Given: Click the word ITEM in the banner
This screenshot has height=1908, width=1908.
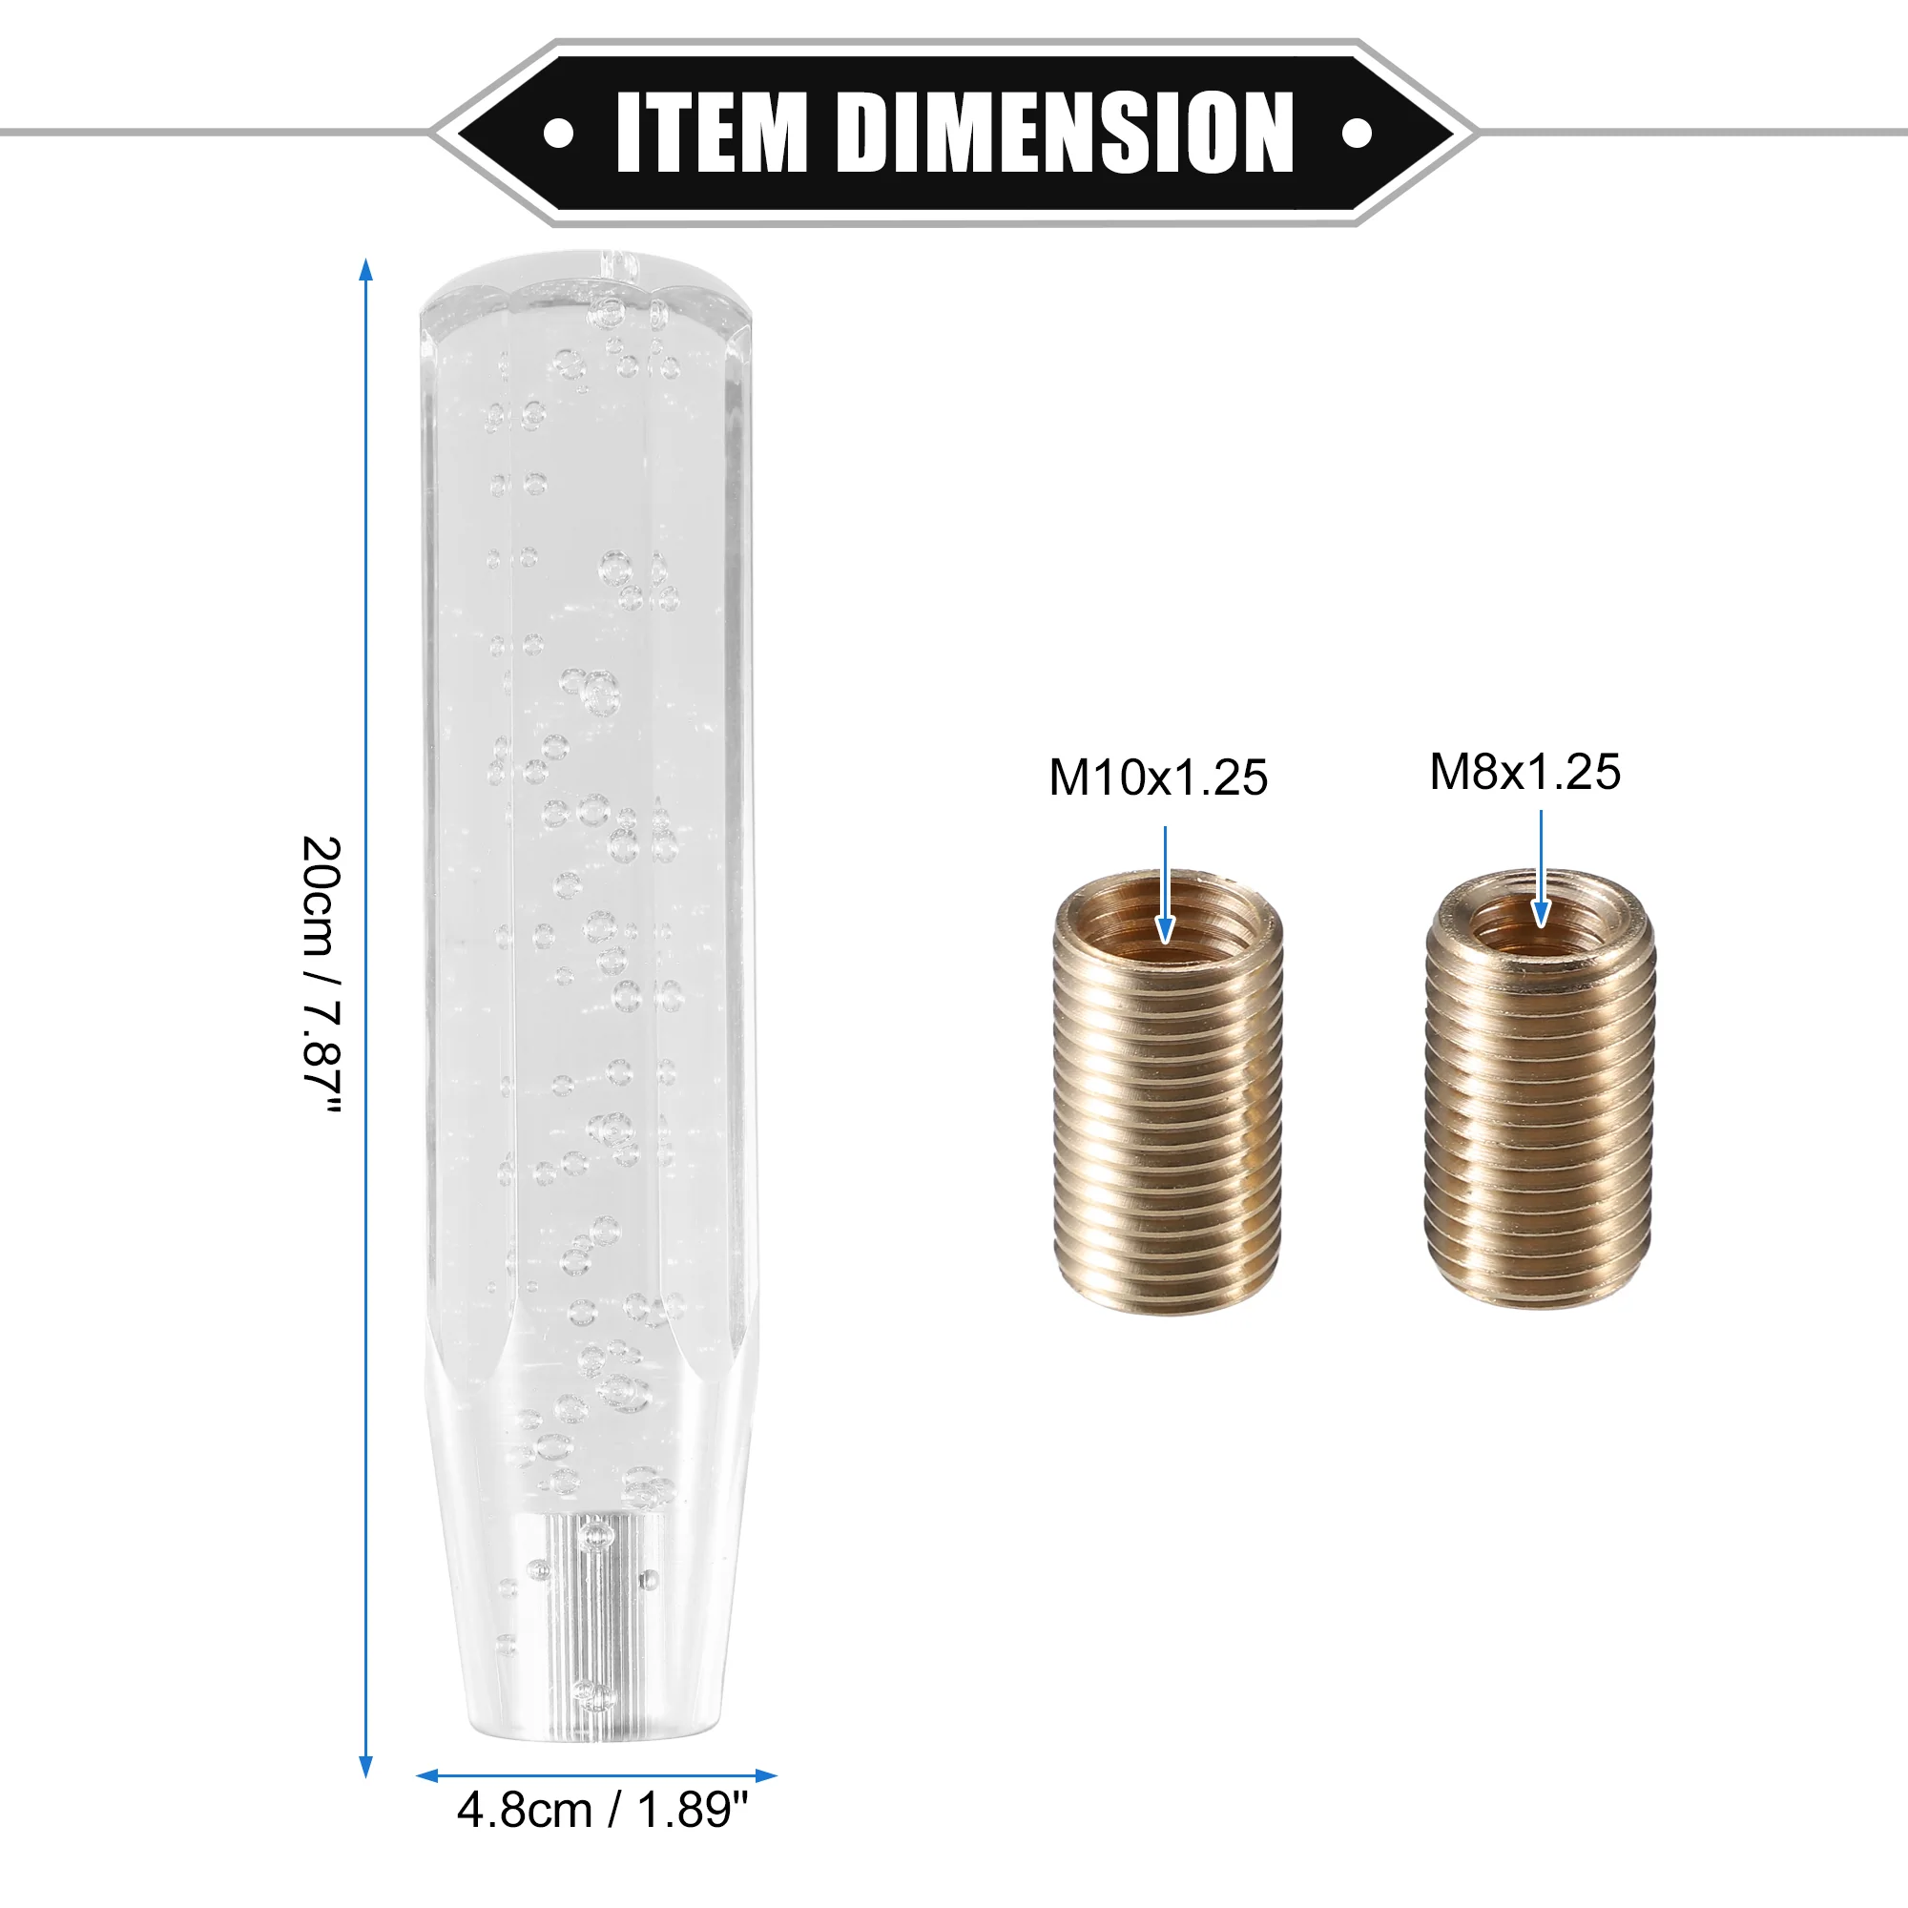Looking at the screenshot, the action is click(712, 133).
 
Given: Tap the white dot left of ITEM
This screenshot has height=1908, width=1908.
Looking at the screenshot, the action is click(559, 134).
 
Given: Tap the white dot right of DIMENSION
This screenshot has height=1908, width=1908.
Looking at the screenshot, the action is click(1357, 133).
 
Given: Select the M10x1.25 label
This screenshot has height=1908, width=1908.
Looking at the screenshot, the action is click(1157, 778).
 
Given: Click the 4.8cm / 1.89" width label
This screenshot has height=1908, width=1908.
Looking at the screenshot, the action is click(602, 1811).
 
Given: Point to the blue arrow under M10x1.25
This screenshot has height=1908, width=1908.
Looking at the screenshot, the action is click(1166, 885).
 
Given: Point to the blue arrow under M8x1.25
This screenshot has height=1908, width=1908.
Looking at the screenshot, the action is click(1541, 869).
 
